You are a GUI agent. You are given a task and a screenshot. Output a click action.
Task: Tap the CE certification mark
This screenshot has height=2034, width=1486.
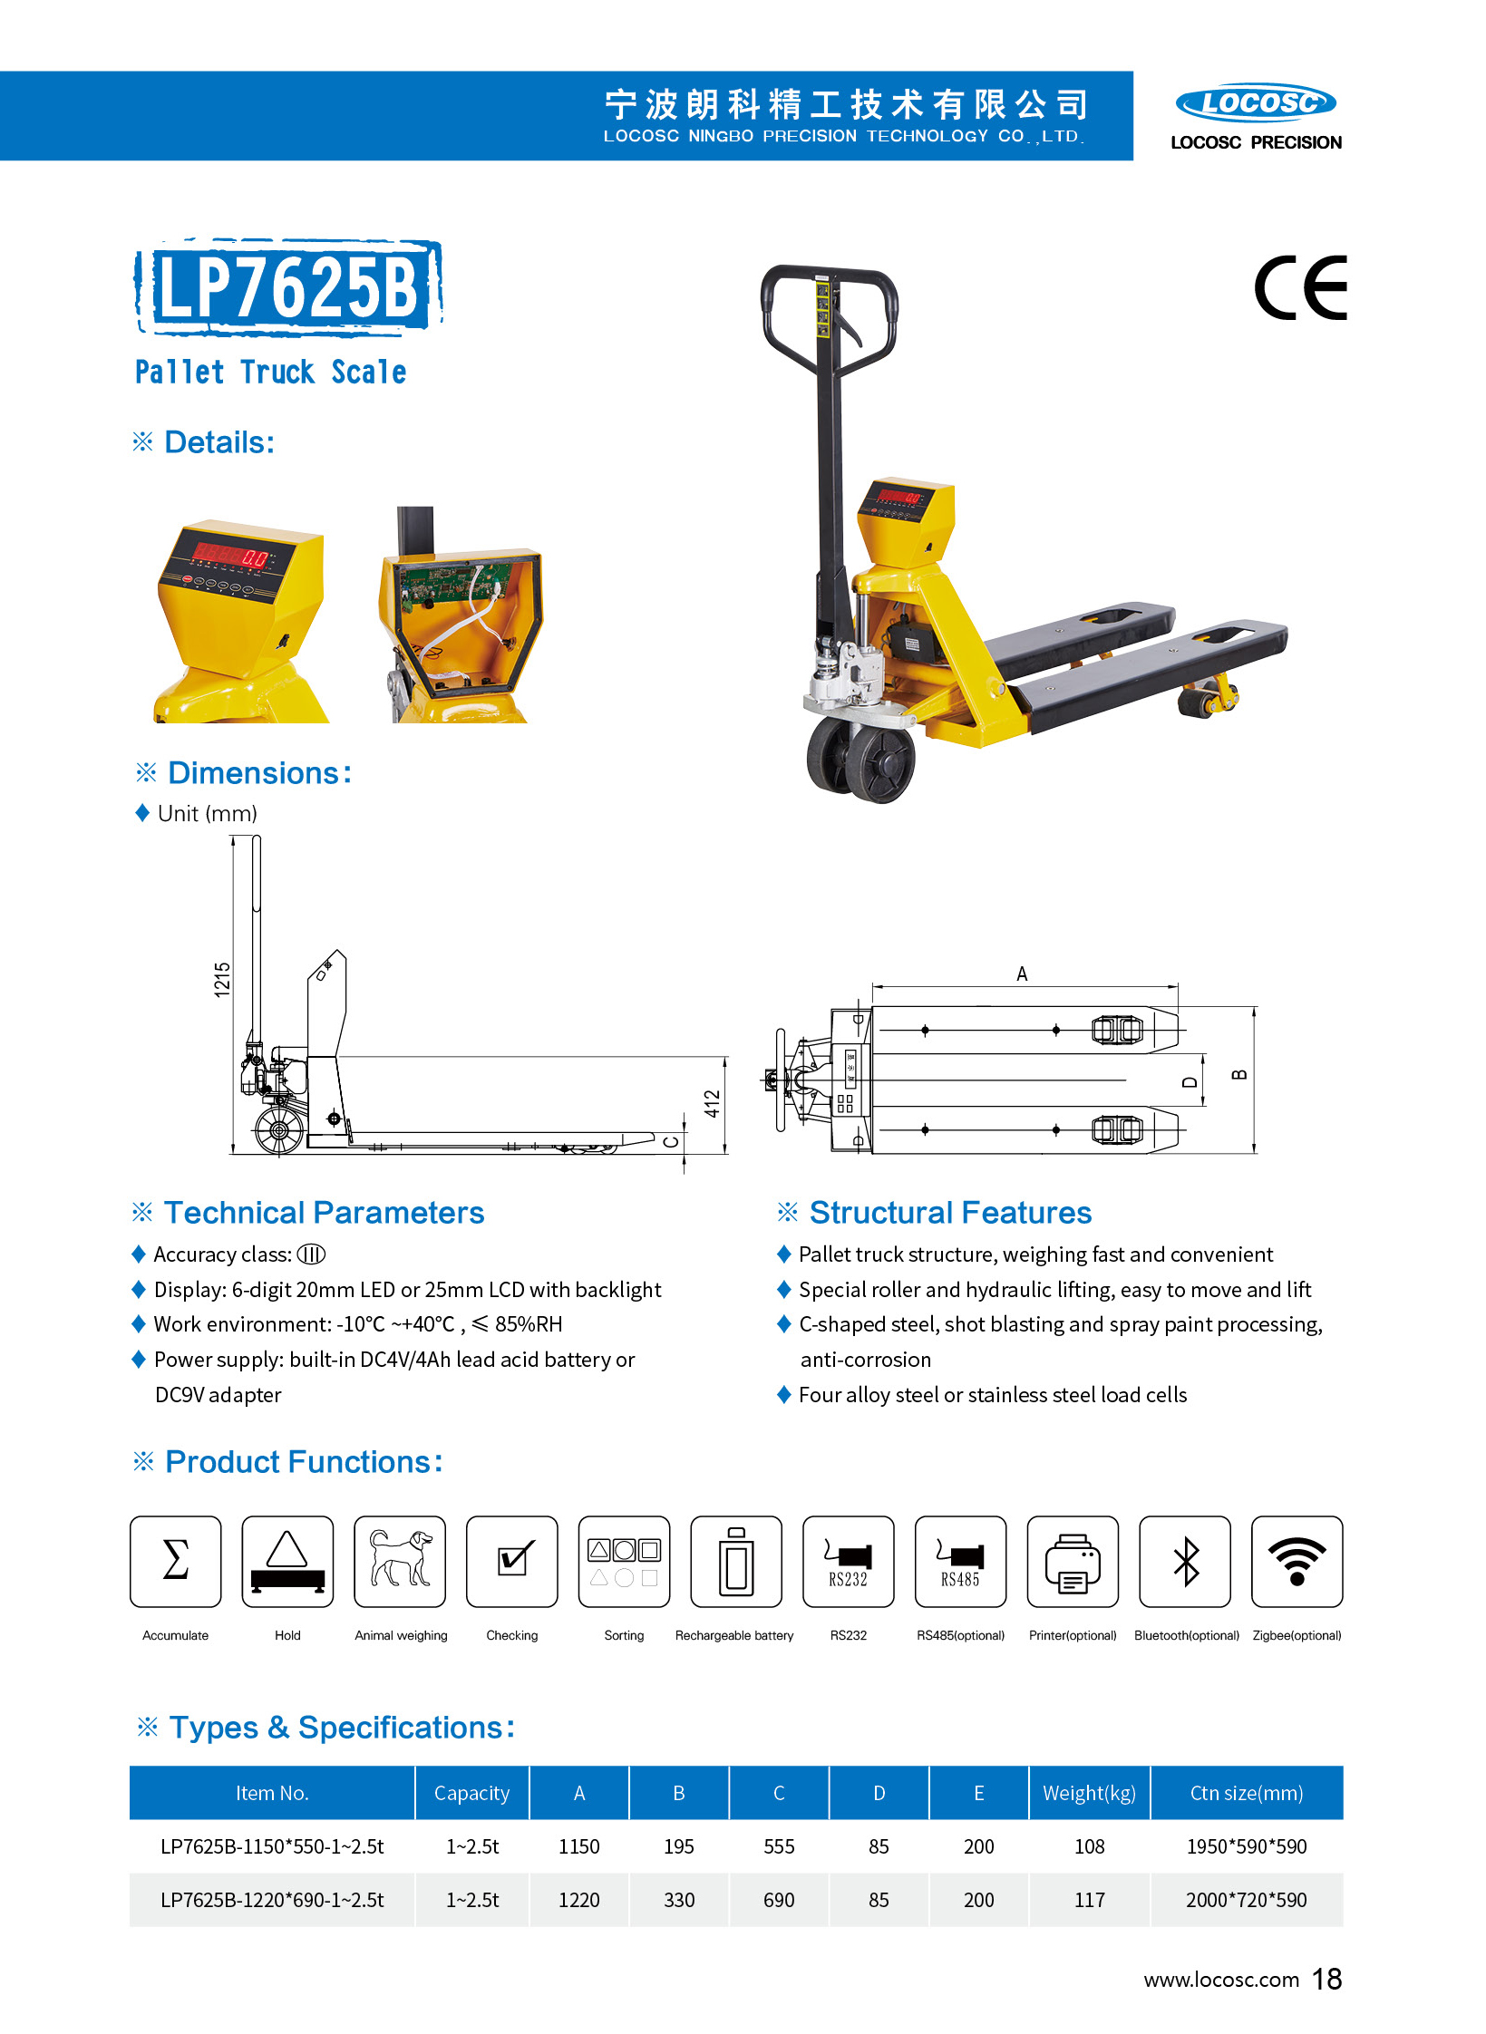pos(1300,288)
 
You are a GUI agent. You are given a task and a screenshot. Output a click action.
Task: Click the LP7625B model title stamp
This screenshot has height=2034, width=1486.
pos(288,286)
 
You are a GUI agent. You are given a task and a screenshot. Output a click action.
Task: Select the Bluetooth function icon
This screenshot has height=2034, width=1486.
pos(1184,1561)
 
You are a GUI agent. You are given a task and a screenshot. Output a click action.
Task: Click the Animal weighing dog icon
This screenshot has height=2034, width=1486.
pos(400,1561)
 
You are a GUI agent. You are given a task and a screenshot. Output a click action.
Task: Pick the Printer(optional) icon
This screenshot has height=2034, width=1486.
pos(1072,1561)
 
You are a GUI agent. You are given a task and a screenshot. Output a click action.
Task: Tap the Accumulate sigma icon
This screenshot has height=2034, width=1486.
pos(175,1561)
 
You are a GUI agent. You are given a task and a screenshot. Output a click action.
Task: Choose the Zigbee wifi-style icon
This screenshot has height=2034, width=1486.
pos(1297,1561)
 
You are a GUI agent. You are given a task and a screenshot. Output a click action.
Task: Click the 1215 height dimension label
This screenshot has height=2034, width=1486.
pos(222,981)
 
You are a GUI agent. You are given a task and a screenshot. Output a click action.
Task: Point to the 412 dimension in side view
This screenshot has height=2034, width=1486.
pos(713,1103)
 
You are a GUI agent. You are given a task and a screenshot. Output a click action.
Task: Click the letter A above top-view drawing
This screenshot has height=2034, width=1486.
pos(1022,974)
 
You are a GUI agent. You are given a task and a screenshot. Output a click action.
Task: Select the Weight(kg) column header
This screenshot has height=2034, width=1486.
pos(1089,1793)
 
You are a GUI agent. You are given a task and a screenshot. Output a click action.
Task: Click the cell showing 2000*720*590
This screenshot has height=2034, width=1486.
pos(1246,1900)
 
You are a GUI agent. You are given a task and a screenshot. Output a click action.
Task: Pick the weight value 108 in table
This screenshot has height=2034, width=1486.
pos(1089,1846)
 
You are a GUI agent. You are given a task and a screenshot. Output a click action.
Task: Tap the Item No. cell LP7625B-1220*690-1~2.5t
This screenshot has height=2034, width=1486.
pos(272,1900)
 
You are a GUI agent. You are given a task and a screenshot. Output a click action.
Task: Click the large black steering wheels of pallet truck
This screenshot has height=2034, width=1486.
pos(862,760)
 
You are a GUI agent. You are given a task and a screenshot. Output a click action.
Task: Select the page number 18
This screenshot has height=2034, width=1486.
pos(1326,1979)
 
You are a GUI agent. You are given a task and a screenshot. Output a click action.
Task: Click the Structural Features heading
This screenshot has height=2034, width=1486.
pos(949,1213)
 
